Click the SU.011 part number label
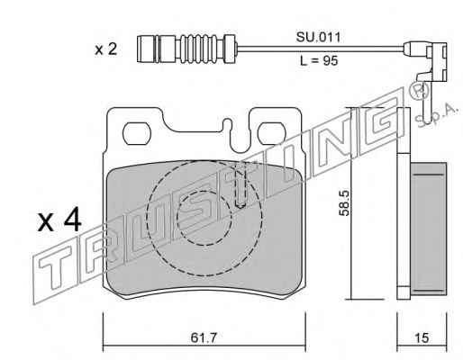[318, 37]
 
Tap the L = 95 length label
[319, 61]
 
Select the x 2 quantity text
[106, 49]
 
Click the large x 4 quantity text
[59, 220]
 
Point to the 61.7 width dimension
[204, 338]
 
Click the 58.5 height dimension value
[344, 202]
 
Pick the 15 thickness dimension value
[422, 338]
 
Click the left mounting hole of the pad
[136, 133]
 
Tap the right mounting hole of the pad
[270, 133]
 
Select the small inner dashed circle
[204, 218]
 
